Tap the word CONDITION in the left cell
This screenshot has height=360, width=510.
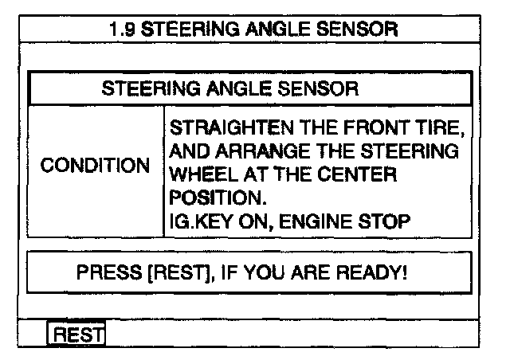[x=95, y=167]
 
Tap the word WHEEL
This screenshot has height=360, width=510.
[x=199, y=174]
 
